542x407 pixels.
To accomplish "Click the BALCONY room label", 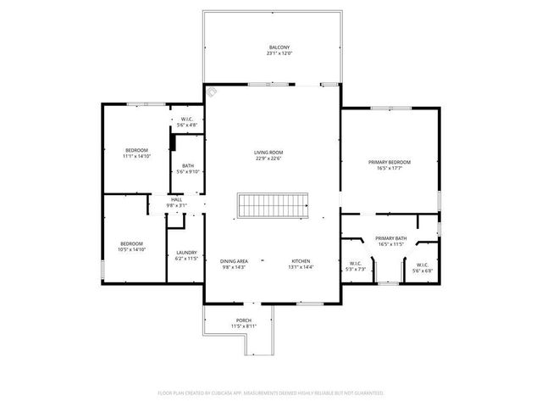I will click(x=279, y=47).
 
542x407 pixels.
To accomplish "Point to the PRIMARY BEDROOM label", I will click(x=389, y=161).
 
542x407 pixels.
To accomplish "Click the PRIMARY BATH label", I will click(x=390, y=238).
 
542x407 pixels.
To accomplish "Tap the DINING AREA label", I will click(x=234, y=260).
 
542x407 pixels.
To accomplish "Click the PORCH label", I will click(x=244, y=320).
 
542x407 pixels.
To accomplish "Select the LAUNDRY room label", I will click(x=186, y=253).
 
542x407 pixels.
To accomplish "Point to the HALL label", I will click(x=176, y=199).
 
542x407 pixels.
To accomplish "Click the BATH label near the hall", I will click(x=186, y=165).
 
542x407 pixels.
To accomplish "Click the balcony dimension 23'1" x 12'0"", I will click(x=279, y=53).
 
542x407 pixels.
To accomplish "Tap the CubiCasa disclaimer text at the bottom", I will click(x=271, y=393).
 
